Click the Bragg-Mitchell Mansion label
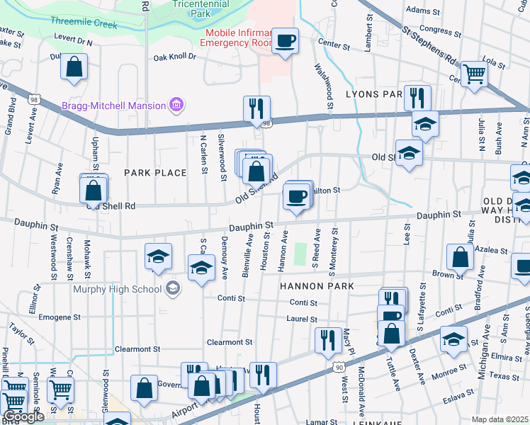113,106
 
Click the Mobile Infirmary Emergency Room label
237,38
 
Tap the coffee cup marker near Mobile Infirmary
286,40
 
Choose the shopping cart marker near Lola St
473,72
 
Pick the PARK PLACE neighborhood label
155,173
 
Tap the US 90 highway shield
339,367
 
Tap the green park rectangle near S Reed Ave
300,253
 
